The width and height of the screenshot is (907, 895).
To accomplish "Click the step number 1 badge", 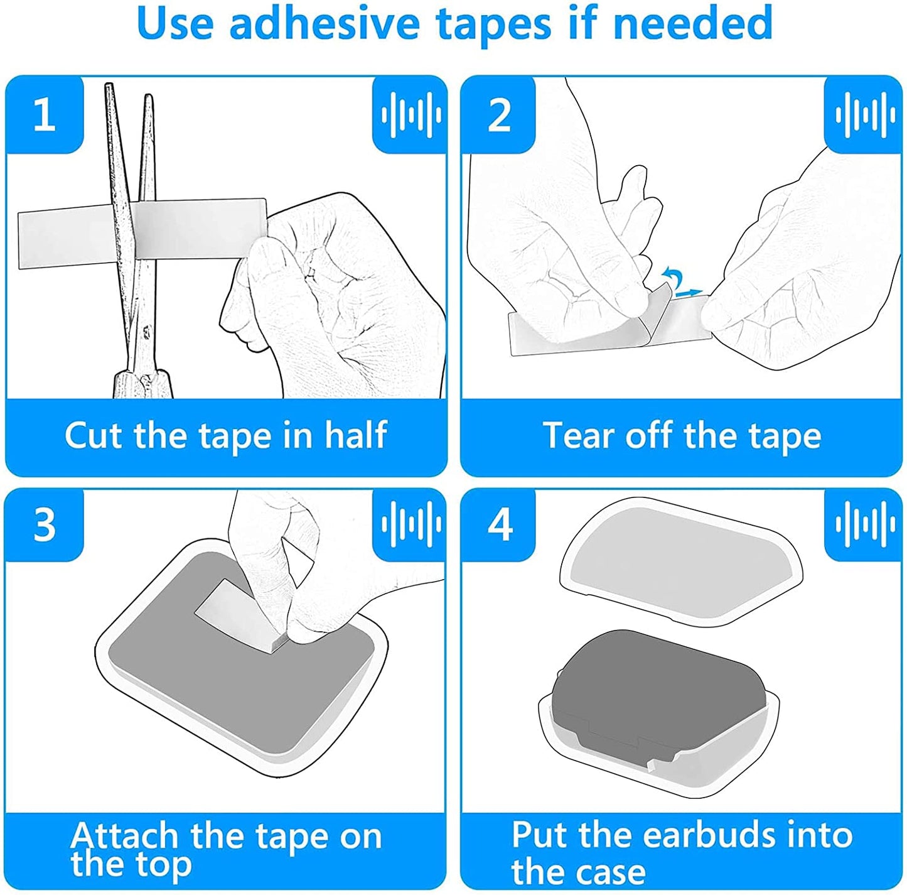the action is [45, 115].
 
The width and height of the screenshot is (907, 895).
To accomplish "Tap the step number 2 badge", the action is [499, 115].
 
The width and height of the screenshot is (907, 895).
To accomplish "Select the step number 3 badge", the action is [45, 525].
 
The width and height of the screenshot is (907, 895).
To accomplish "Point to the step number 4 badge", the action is [499, 525].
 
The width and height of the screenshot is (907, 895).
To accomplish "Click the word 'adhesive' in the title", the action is [324, 24].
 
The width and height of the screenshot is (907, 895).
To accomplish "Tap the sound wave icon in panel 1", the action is [411, 115].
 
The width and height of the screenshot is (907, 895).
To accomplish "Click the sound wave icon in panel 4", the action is [865, 524].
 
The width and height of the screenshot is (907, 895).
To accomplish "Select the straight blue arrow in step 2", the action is [689, 293].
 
